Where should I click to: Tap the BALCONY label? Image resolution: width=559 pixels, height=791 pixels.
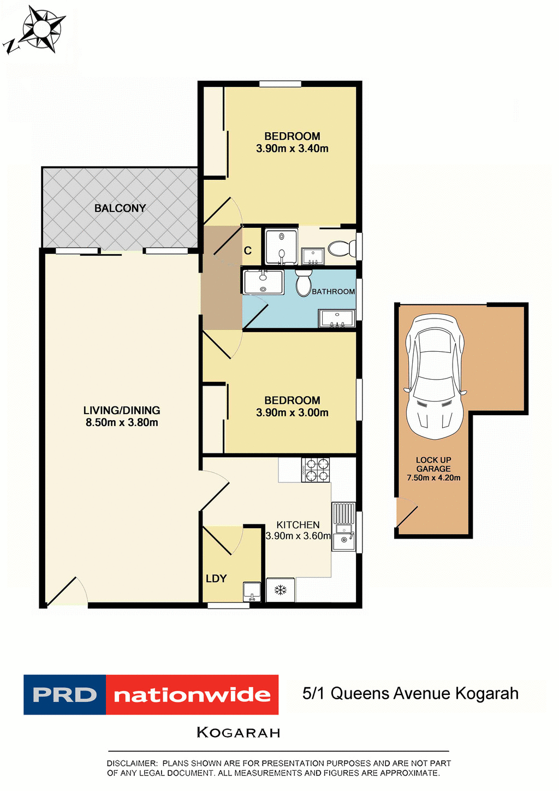(x=120, y=208)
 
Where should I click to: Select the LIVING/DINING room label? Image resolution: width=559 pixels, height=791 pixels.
(x=122, y=410)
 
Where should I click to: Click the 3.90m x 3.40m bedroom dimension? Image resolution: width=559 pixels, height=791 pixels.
(x=292, y=149)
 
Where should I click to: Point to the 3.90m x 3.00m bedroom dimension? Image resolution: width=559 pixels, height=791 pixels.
(x=292, y=413)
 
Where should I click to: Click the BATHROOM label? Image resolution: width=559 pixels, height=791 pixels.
(x=333, y=292)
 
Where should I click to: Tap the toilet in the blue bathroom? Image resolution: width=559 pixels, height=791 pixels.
(x=304, y=282)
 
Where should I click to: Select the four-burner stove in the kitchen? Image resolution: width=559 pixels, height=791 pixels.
(x=316, y=470)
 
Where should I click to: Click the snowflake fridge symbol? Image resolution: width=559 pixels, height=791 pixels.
(x=281, y=590)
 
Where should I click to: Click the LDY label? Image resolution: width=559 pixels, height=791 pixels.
(x=216, y=579)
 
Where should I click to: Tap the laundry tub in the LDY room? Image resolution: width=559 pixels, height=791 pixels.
(x=252, y=591)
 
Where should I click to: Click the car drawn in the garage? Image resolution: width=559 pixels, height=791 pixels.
(x=435, y=377)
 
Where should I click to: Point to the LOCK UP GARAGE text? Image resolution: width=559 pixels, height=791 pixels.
(x=433, y=464)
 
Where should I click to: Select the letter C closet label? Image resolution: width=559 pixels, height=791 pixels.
(x=248, y=251)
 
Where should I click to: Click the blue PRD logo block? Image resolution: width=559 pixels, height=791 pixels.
(x=64, y=695)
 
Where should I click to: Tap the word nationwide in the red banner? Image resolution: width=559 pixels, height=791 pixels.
(x=192, y=695)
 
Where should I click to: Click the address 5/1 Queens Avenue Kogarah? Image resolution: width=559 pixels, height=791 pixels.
(x=411, y=694)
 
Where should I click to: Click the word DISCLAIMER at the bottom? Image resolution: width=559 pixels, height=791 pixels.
(x=132, y=763)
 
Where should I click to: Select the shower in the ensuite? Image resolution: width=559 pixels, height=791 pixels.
(x=281, y=246)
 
